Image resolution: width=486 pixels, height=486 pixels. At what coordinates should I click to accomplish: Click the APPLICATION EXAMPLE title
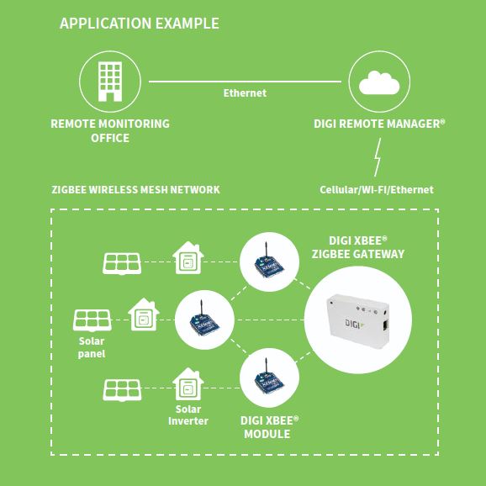coord(140,24)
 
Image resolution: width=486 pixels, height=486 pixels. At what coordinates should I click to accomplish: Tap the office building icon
coord(110,82)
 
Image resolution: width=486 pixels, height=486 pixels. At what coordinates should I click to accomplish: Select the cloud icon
coord(379,82)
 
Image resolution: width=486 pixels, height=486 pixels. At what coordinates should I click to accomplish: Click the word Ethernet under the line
coord(245,93)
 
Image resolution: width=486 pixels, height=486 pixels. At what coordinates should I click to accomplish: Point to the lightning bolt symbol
coord(378,157)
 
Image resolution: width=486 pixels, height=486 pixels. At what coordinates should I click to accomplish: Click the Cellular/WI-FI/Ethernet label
coord(377,190)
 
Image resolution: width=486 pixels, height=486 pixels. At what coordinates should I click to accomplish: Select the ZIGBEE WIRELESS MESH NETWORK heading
coord(135,190)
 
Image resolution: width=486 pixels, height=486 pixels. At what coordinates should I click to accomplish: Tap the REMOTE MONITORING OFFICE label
coord(110,131)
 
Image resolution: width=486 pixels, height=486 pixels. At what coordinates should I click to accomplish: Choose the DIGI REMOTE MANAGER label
coord(379,124)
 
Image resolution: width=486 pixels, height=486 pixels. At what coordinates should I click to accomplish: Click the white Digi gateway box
coord(357,321)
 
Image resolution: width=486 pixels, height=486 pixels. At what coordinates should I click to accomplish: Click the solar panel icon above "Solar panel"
coord(92,320)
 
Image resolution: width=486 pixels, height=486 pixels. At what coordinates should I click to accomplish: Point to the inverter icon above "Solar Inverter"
coord(188,384)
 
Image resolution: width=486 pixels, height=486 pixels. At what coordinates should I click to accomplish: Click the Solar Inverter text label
coord(188,415)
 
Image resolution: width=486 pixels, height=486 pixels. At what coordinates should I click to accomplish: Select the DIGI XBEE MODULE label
coord(269,427)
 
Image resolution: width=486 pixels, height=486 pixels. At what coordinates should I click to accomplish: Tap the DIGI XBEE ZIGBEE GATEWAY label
coord(358,247)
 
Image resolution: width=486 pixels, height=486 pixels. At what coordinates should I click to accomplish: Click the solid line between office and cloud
coord(245,82)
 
